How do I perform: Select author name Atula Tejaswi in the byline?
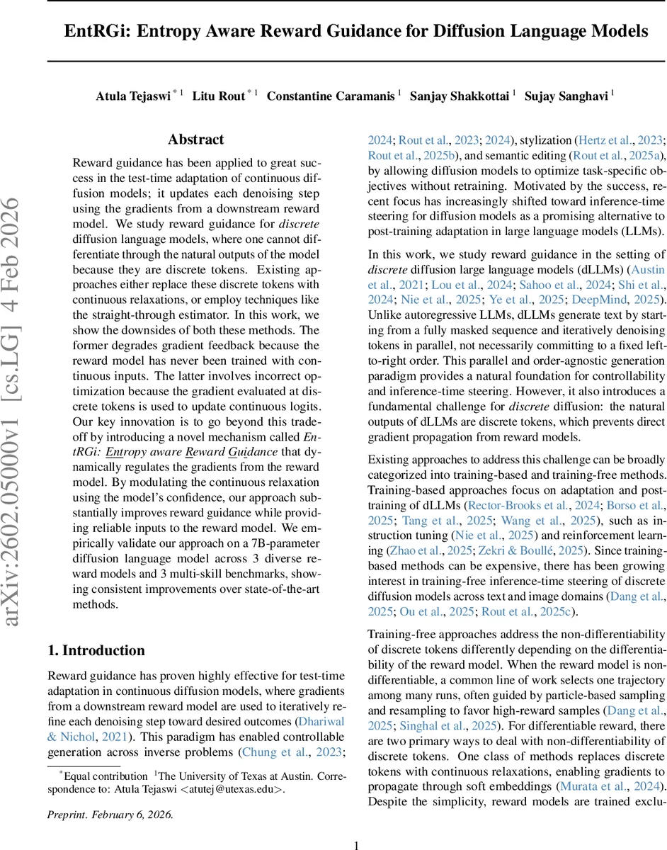133,96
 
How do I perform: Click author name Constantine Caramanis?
331,96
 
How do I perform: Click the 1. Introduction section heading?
96,650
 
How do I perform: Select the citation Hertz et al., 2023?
620,140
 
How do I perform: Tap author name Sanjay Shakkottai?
464,96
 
